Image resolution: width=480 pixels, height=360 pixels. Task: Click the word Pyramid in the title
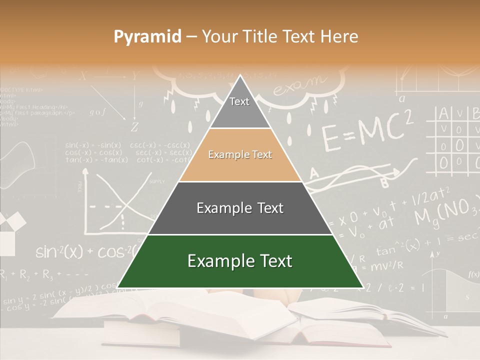[147, 37]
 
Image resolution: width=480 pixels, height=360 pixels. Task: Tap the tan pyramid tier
[240, 155]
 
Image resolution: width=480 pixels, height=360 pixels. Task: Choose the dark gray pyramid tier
[240, 208]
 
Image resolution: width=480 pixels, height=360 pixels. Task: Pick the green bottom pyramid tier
[240, 261]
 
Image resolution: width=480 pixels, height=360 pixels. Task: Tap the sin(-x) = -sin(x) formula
[93, 145]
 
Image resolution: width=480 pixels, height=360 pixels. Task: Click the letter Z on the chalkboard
[134, 127]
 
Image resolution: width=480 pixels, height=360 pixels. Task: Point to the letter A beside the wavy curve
[314, 173]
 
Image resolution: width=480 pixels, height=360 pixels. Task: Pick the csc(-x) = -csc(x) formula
[160, 145]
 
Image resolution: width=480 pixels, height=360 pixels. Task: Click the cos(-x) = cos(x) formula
[93, 152]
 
